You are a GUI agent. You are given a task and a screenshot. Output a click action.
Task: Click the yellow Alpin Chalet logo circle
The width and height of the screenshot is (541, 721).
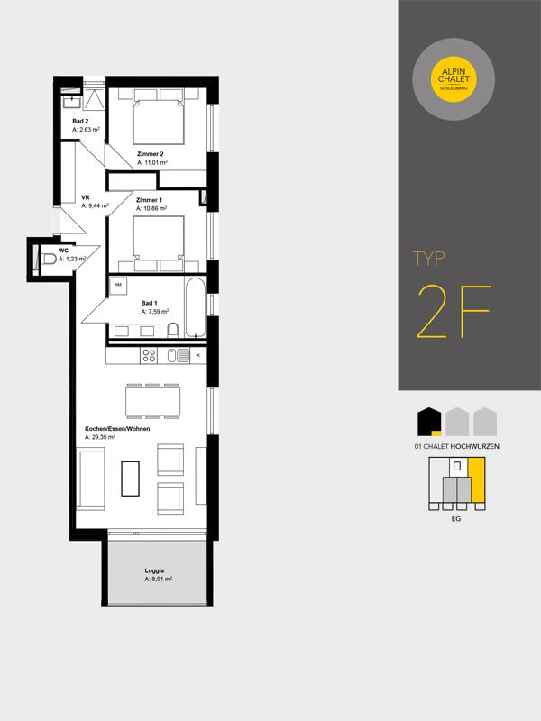pos(454,79)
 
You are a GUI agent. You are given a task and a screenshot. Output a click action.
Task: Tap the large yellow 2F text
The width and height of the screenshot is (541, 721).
pos(454,312)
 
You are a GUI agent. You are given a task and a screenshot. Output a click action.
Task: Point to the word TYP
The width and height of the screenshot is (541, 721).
pos(429,259)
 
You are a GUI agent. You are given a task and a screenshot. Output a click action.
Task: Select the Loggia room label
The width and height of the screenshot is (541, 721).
pos(154,570)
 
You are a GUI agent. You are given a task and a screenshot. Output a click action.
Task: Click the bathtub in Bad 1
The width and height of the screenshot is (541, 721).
pos(196,307)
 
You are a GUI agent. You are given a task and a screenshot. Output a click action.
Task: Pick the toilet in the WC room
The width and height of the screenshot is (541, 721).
pos(48,260)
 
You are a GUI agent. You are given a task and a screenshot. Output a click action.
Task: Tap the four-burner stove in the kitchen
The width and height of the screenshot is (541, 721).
pos(149,355)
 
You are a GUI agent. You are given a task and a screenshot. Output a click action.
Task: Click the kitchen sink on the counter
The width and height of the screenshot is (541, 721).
pos(178,355)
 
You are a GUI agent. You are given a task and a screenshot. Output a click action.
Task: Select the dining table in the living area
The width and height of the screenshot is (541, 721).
pos(152,401)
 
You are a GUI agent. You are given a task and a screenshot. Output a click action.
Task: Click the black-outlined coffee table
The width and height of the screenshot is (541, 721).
pos(130,479)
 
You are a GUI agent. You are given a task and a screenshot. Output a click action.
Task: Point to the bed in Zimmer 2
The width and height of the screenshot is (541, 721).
pos(159,117)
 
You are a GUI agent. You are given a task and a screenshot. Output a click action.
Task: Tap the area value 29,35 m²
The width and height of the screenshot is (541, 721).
pos(100,437)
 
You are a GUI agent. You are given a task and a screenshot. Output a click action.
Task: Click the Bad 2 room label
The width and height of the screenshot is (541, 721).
pos(80,122)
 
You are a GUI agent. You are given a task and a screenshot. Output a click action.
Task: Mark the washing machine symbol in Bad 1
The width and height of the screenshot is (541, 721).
pos(118,286)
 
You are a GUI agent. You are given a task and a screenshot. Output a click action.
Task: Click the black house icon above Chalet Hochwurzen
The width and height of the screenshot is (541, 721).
pos(429,422)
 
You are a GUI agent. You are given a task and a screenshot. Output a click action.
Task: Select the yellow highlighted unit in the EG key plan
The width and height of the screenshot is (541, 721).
pos(477,480)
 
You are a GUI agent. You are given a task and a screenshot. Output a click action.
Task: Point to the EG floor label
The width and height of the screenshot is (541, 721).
pos(456,519)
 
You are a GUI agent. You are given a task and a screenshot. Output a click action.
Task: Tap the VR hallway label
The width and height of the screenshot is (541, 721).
pos(85,197)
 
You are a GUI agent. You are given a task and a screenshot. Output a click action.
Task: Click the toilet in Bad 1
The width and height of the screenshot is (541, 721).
pos(173,330)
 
